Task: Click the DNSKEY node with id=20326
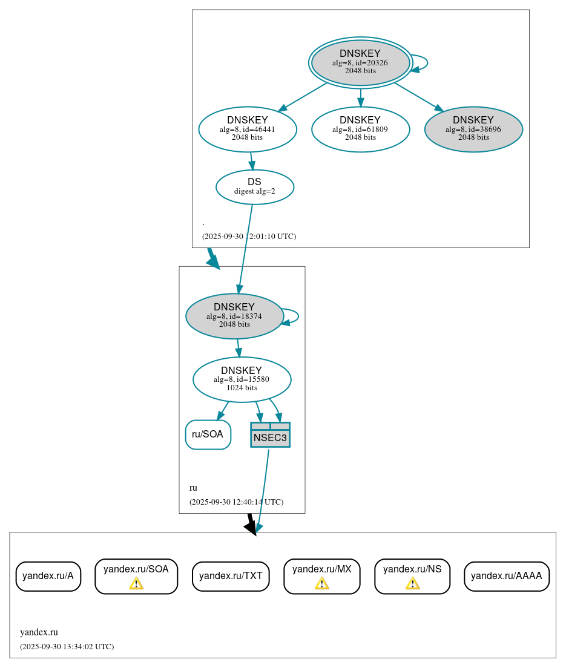tap(360, 62)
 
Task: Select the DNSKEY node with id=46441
tap(247, 129)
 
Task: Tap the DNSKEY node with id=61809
tap(360, 129)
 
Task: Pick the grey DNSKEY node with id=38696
tap(473, 129)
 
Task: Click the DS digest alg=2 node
tap(254, 186)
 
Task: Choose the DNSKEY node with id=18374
tap(234, 316)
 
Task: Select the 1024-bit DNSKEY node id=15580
tap(242, 379)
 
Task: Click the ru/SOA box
tap(208, 434)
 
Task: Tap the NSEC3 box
tap(270, 435)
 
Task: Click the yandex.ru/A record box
tap(48, 576)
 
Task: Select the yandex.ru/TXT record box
tap(230, 576)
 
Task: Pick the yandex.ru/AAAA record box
tap(506, 576)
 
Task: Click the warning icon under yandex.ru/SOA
tap(136, 583)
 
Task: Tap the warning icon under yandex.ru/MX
tap(321, 583)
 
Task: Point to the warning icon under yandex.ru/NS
tap(412, 583)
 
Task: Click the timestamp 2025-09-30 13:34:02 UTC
tap(67, 647)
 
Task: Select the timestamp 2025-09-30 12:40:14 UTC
tap(236, 502)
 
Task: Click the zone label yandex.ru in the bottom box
tap(39, 632)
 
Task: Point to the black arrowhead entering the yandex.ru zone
tap(252, 528)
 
